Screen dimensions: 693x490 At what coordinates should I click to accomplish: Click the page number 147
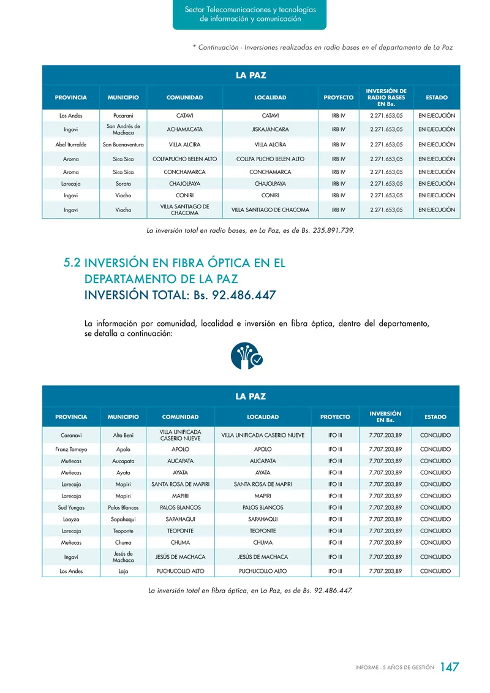tap(450, 667)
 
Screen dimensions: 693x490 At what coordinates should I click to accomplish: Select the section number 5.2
tap(72, 262)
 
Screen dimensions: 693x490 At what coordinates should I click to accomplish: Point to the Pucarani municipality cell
tap(123, 116)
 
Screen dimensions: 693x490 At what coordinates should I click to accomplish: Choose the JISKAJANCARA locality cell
tap(270, 130)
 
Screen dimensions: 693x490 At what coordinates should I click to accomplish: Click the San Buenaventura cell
tap(123, 145)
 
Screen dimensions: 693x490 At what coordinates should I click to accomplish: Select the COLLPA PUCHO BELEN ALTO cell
tap(270, 159)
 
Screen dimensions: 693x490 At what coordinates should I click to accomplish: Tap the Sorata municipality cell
tap(123, 184)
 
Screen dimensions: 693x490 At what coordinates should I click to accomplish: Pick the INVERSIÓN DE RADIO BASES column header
tap(386, 97)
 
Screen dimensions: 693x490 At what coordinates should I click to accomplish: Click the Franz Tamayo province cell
tap(71, 449)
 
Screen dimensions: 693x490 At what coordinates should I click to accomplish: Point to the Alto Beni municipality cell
tap(123, 435)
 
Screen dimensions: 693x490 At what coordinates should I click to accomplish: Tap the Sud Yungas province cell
tap(71, 507)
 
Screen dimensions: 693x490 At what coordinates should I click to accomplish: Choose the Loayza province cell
tap(71, 519)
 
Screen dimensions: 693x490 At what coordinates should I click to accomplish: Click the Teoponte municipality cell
tap(123, 531)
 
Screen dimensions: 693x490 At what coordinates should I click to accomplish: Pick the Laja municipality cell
tap(123, 571)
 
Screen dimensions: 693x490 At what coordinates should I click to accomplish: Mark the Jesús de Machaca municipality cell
tap(123, 557)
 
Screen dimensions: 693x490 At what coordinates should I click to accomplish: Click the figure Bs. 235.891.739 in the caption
tap(326, 231)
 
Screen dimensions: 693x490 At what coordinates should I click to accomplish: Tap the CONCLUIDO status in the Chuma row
tap(435, 542)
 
